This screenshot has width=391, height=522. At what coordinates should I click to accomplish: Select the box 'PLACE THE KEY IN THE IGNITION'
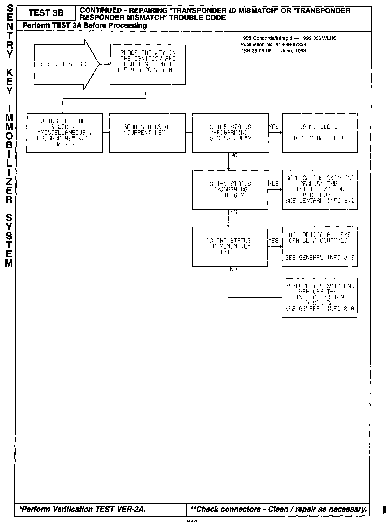click(x=148, y=64)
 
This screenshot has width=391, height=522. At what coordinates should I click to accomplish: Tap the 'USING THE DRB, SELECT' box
click(x=65, y=133)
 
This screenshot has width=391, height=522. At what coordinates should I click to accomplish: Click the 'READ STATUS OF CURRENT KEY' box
click(x=147, y=133)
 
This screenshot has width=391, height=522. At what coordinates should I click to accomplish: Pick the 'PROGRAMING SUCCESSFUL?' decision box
click(x=230, y=133)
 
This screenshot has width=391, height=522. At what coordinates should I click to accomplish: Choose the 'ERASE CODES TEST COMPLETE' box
click(x=320, y=133)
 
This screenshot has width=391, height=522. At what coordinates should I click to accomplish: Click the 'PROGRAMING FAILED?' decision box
click(x=230, y=190)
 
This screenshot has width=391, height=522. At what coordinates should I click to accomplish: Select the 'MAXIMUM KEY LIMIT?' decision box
click(x=230, y=246)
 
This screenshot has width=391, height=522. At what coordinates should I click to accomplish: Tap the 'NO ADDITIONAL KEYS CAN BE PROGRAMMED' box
click(x=319, y=246)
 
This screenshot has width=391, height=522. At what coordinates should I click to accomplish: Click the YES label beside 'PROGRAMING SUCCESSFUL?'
click(x=274, y=127)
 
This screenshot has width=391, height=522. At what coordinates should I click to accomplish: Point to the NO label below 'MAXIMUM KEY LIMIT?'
click(x=233, y=269)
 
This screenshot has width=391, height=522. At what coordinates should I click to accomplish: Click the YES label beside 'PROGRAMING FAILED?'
click(x=274, y=184)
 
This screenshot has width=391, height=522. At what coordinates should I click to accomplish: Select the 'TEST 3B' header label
click(x=46, y=13)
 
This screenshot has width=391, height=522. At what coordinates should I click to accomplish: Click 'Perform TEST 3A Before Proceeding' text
click(x=85, y=26)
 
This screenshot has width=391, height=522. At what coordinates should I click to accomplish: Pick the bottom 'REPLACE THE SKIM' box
click(x=319, y=297)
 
